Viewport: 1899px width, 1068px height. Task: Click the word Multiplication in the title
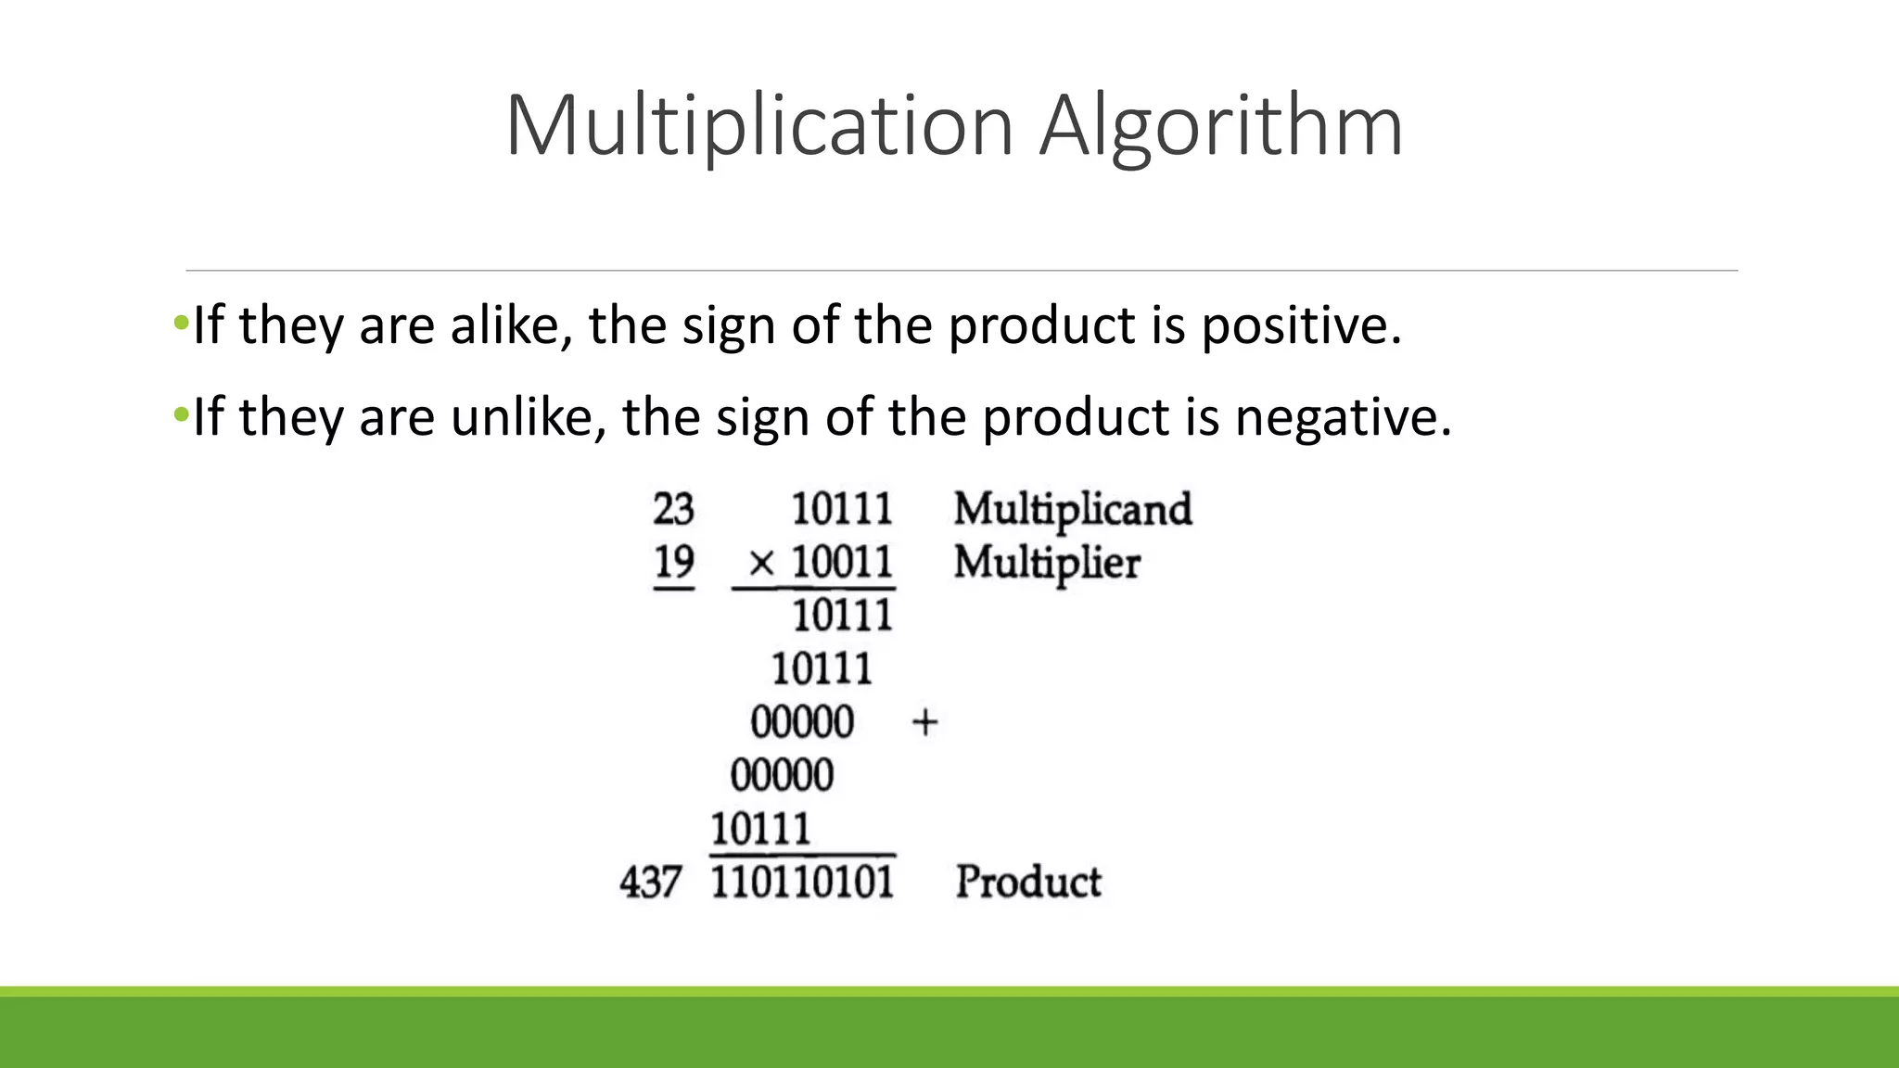tap(758, 126)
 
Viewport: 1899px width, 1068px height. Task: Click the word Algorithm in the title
tap(1220, 126)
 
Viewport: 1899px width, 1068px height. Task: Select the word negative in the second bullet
tap(1343, 417)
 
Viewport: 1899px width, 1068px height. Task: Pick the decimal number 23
tap(673, 509)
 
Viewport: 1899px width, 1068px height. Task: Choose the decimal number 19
tap(673, 562)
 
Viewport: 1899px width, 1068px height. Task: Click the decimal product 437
tap(651, 882)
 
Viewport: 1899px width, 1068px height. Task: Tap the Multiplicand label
tap(1073, 509)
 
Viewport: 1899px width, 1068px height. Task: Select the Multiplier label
tap(1047, 563)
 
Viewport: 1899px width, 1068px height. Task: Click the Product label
tap(1028, 882)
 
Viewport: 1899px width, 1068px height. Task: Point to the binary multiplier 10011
tap(842, 562)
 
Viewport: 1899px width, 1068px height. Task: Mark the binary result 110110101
tap(802, 882)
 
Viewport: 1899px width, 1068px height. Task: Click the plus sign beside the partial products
tap(924, 722)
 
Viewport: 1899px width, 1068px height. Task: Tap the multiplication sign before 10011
tap(760, 563)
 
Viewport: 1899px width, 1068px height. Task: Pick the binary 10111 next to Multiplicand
tap(842, 509)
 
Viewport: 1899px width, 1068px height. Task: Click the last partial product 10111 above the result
tap(760, 828)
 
